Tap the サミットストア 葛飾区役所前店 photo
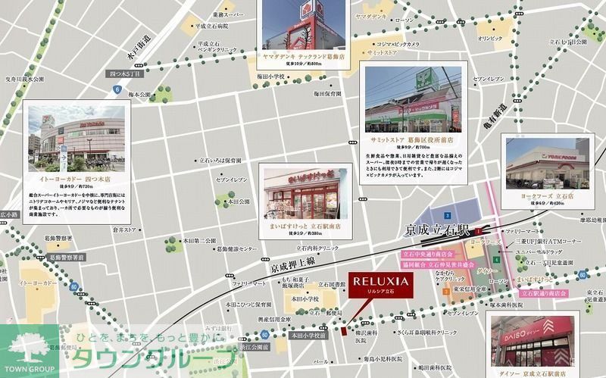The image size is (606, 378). point(412,99)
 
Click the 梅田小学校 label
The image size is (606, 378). point(269,77)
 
